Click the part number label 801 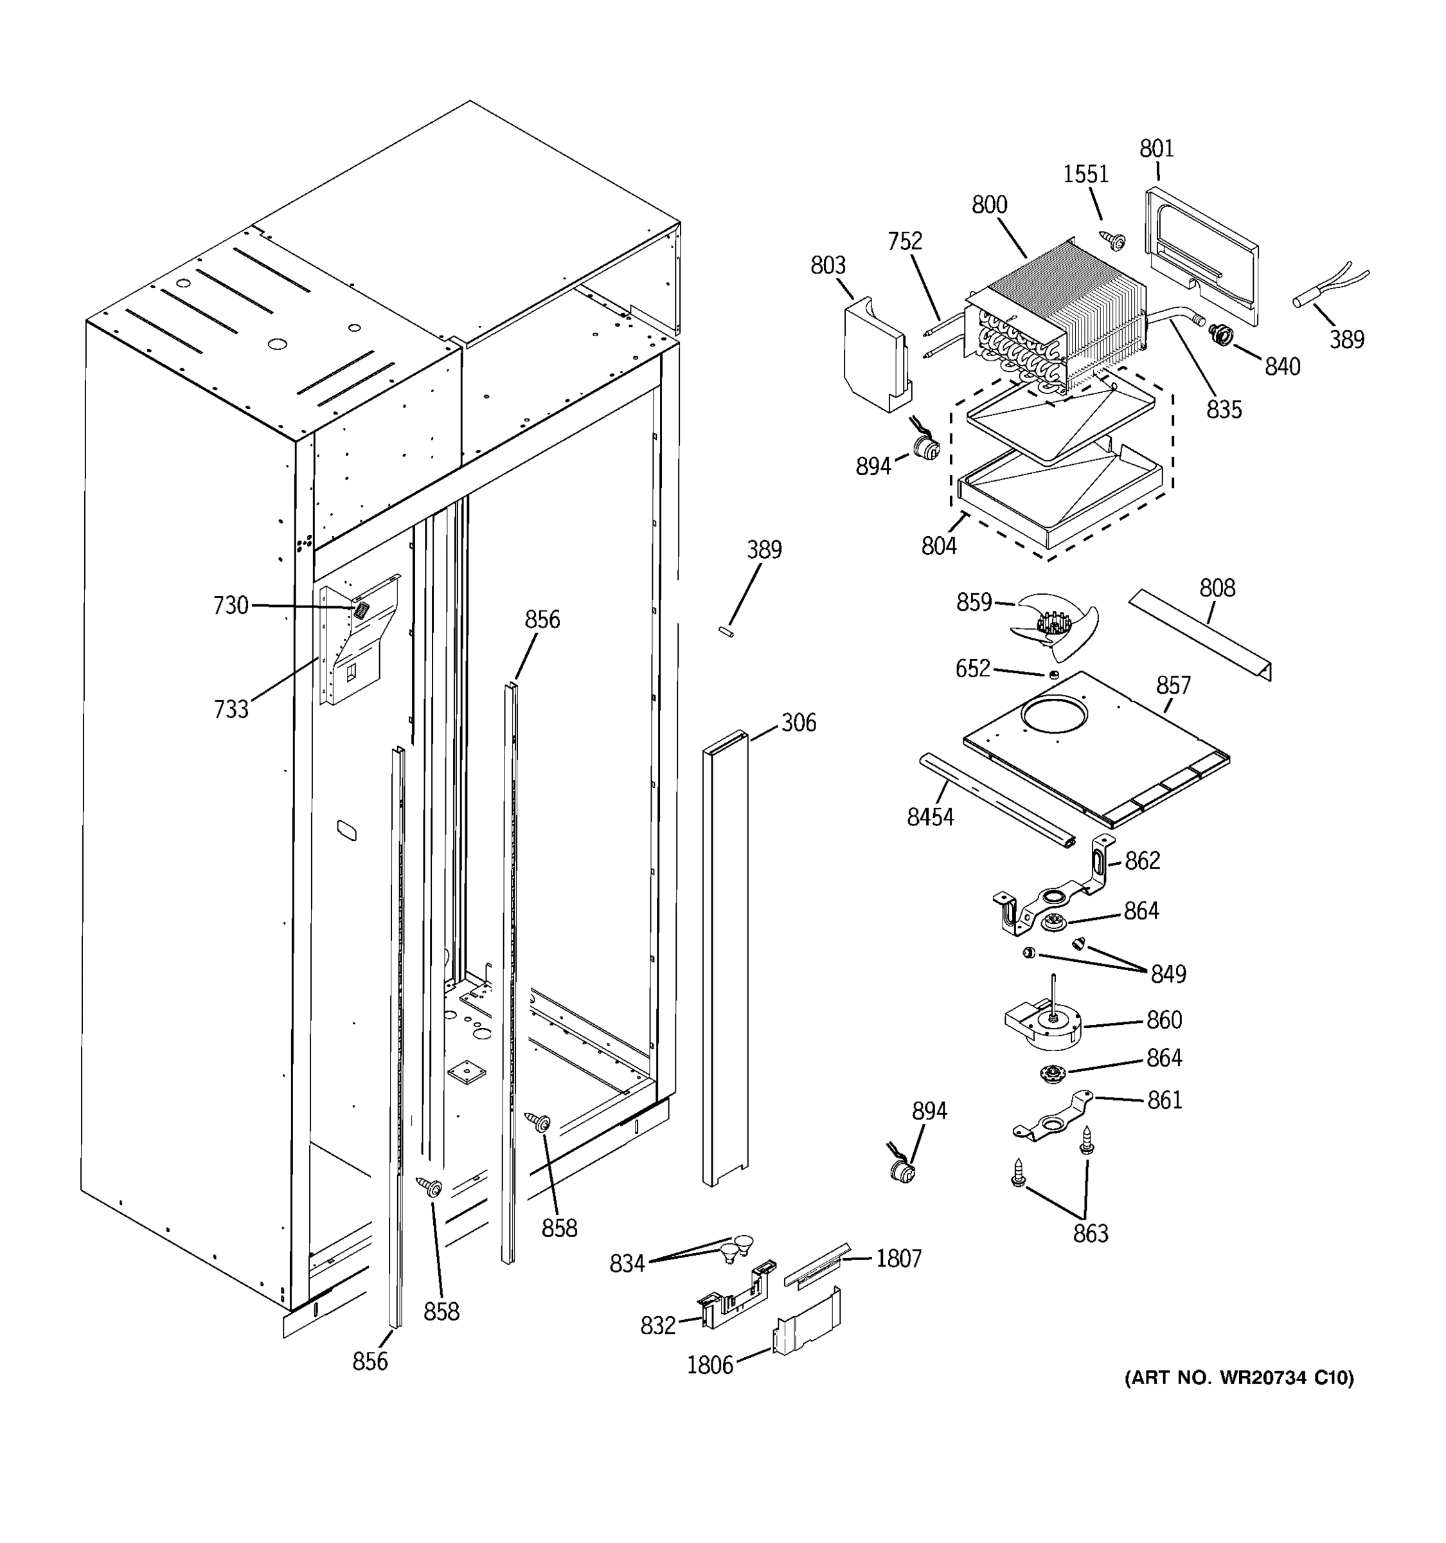(1156, 149)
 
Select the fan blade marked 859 (1056, 622)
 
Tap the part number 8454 (929, 817)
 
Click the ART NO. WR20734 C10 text (1239, 1378)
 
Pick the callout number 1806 (709, 1366)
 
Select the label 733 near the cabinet (231, 708)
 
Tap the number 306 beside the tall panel (798, 723)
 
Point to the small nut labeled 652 (1053, 674)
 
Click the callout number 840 (1281, 366)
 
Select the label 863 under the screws (1090, 1233)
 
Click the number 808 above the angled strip (1217, 588)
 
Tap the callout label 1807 (898, 1258)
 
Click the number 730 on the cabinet (231, 606)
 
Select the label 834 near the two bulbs (627, 1263)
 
